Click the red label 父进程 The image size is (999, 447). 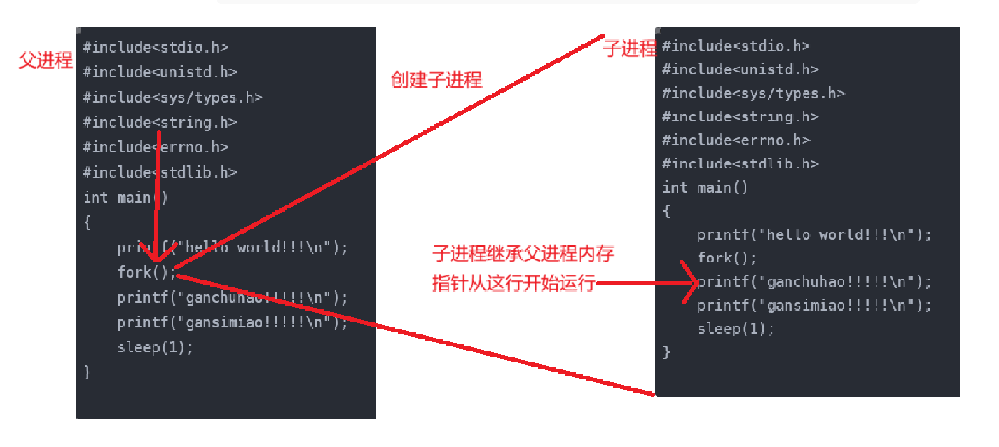46,60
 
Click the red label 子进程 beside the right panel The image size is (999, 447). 630,48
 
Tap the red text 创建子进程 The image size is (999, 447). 436,80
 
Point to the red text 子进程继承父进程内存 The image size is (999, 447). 523,254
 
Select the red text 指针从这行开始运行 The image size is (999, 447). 513,283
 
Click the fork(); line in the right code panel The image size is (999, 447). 727,258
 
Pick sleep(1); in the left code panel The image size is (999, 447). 155,347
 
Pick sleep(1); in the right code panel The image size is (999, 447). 735,329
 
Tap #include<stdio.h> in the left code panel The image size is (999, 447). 155,48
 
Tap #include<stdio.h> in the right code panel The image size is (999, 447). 735,46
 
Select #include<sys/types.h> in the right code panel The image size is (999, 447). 753,93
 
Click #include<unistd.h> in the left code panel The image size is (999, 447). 160,72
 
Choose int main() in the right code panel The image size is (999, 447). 705,187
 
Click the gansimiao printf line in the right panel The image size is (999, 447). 814,306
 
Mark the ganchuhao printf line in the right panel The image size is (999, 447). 814,282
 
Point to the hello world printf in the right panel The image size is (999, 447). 814,235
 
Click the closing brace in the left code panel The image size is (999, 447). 88,372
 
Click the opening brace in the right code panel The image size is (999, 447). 667,211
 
